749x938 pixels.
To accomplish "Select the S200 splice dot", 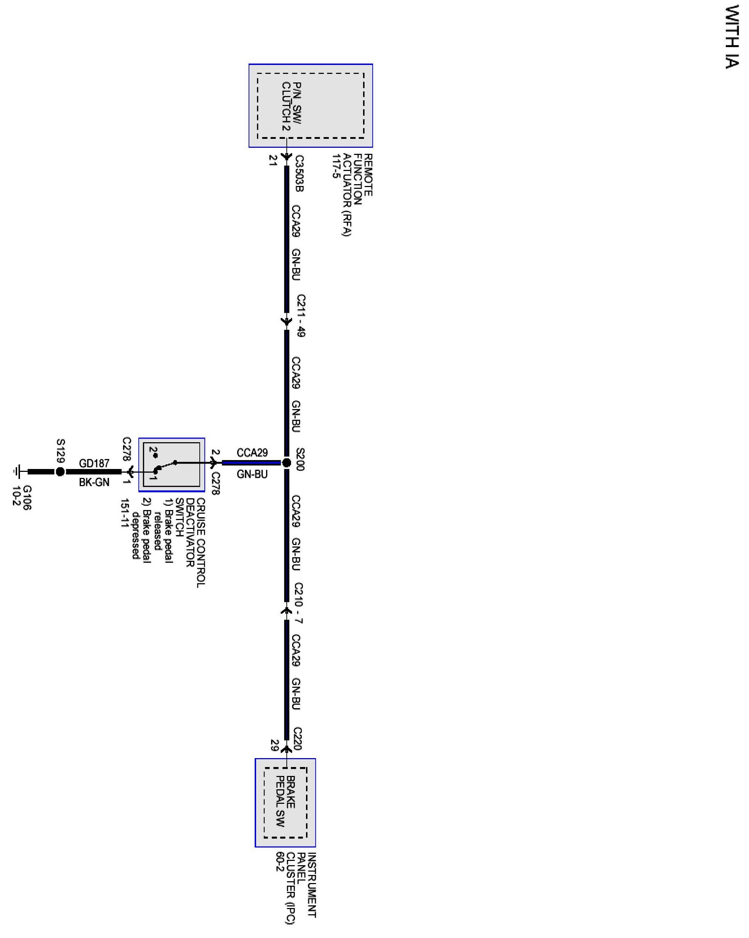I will click(286, 463).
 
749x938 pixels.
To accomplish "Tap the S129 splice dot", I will click(60, 471).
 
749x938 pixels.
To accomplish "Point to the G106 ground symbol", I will click(17, 471).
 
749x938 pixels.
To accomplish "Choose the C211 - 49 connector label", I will click(301, 316).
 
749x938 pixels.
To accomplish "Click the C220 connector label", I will click(298, 738).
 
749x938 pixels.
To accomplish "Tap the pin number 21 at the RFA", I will click(273, 161).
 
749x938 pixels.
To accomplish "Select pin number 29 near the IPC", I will click(274, 745).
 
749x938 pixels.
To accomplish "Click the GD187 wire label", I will click(94, 463).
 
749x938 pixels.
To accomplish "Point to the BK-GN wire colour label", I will click(94, 482).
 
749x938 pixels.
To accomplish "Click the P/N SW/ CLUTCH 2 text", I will click(291, 106).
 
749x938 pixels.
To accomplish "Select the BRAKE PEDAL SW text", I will click(286, 801).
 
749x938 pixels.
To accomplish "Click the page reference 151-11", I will click(126, 513).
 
